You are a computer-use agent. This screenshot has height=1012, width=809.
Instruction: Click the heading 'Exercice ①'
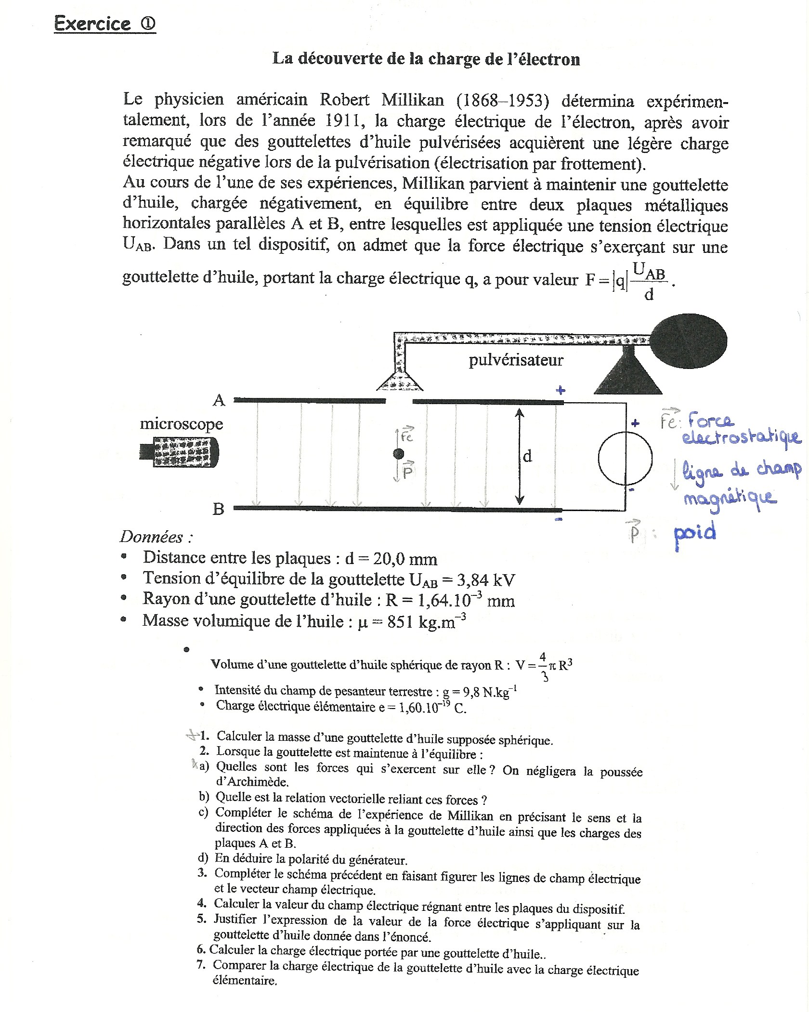(104, 24)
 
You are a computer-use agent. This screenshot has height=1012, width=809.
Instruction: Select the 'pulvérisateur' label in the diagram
(516, 360)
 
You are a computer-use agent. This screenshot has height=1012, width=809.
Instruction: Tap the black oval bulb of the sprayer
(689, 341)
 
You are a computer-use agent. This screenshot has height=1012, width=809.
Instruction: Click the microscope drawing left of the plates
(180, 452)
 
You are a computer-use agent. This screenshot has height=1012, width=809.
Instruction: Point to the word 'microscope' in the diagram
(182, 424)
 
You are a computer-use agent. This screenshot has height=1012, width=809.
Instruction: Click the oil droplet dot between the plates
(398, 453)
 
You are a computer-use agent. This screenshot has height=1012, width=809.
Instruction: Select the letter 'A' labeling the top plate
(219, 400)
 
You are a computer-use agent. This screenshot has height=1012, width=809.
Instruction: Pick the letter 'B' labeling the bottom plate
(218, 509)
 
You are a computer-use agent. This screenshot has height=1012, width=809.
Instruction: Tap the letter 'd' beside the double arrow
(527, 456)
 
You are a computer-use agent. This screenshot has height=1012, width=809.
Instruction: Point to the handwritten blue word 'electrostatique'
(741, 437)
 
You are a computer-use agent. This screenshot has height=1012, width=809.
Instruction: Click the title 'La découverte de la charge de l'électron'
(426, 59)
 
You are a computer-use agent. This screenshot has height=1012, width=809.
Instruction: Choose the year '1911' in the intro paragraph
(343, 120)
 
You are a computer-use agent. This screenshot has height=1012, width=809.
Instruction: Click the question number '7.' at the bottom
(201, 965)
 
